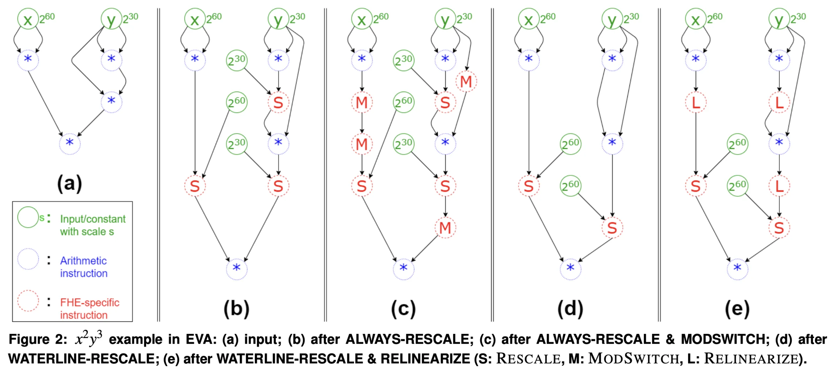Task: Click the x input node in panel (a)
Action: (x=28, y=19)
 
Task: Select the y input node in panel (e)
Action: (x=779, y=19)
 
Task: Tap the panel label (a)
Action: (x=69, y=183)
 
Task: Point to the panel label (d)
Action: (x=570, y=309)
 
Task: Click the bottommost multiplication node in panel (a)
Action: (x=70, y=143)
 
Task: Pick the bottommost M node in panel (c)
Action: (x=445, y=228)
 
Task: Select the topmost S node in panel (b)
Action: (x=278, y=102)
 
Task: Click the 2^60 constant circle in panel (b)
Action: (x=237, y=102)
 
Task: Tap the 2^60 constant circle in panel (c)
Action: (x=404, y=102)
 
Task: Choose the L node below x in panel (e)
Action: (x=696, y=102)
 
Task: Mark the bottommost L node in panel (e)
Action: (x=779, y=186)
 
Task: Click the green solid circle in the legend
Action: (x=28, y=217)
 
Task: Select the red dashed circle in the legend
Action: (x=28, y=300)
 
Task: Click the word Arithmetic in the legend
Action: (x=83, y=261)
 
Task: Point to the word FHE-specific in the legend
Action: (x=90, y=302)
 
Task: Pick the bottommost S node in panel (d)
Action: (x=612, y=228)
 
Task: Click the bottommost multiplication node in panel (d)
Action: (x=571, y=269)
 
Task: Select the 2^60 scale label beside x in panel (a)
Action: (x=47, y=17)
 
